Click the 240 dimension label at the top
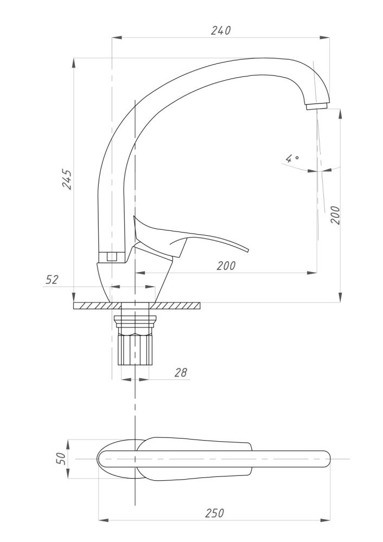tap(221, 30)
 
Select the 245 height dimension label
tap(67, 179)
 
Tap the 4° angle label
tap(292, 159)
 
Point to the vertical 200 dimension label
tap(335, 215)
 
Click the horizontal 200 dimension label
tap(226, 266)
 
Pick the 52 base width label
tap(52, 280)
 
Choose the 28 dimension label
tap(181, 372)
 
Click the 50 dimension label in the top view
tap(61, 459)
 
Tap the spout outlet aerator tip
tap(317, 106)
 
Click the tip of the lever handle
tap(247, 250)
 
